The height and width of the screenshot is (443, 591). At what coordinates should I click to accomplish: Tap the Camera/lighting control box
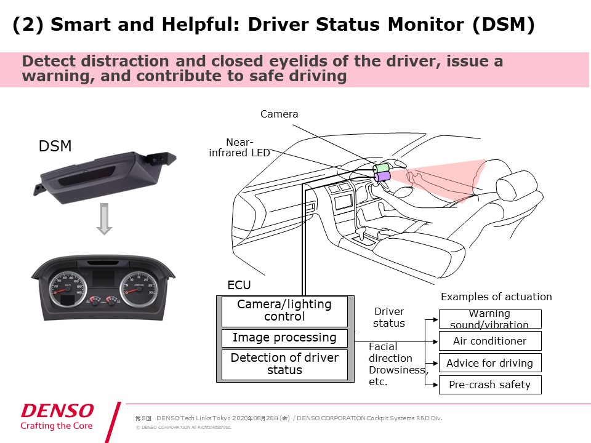(284, 311)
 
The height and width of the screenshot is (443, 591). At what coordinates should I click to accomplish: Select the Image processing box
(284, 338)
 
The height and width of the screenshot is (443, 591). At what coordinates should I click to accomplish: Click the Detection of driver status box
(284, 364)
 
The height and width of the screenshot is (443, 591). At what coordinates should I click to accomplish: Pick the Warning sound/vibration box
(489, 319)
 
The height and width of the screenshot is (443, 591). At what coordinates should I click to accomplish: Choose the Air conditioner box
(489, 341)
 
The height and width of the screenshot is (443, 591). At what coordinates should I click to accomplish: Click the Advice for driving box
(489, 363)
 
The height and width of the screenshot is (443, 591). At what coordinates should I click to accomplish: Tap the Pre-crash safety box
(489, 385)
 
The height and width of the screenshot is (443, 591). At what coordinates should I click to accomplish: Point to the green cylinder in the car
(382, 167)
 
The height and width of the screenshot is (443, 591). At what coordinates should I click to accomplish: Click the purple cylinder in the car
(382, 177)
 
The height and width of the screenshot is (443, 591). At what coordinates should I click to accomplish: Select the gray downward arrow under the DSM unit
(105, 220)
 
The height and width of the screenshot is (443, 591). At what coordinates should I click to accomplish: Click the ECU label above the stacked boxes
(239, 285)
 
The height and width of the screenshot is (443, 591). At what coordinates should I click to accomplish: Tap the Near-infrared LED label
(239, 148)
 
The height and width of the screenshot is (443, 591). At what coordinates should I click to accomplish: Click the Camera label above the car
(279, 114)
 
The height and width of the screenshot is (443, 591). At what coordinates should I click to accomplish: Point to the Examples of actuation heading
(496, 297)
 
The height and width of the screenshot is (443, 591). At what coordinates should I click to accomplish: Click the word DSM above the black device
(55, 146)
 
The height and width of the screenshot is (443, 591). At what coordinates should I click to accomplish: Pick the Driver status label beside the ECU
(389, 317)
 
